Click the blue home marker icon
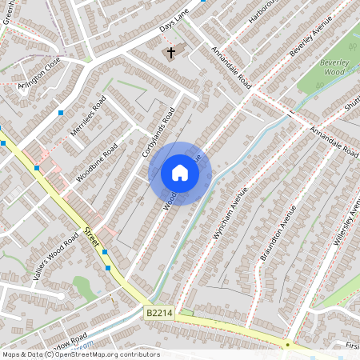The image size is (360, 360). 180,173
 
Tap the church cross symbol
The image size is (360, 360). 170,54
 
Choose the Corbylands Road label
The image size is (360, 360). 158,133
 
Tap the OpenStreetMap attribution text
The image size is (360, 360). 81,354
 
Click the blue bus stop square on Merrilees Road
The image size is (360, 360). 61,114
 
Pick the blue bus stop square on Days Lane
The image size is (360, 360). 203,2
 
